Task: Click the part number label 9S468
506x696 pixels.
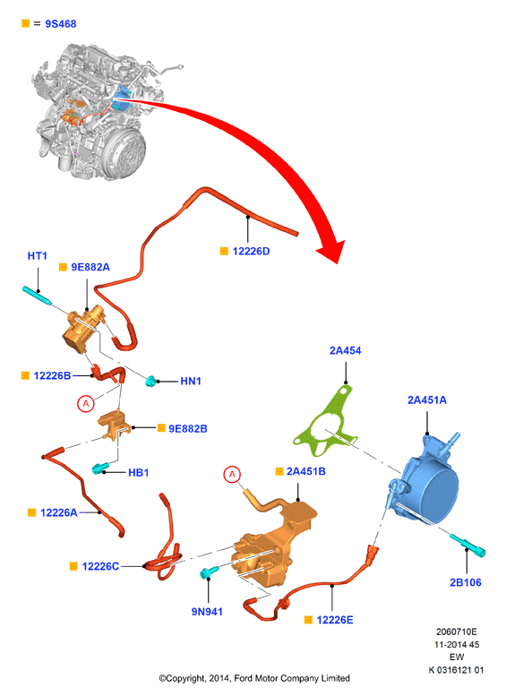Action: [60, 24]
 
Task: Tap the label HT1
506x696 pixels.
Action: [38, 256]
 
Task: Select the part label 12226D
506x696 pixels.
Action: [251, 251]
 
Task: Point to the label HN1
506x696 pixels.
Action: [191, 381]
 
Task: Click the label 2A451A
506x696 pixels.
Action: [427, 400]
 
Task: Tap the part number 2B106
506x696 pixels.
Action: [465, 582]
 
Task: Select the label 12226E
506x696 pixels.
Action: [335, 620]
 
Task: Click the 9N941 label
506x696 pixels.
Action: [207, 612]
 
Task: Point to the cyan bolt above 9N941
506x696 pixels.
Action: [208, 572]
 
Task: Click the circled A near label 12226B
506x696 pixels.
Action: [86, 403]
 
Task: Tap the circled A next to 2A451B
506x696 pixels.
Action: [232, 475]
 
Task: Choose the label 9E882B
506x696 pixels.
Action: [188, 429]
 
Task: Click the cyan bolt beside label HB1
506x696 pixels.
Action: [99, 468]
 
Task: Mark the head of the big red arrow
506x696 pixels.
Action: [331, 251]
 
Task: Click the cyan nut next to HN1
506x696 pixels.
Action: [151, 381]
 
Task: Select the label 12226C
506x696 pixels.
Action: [100, 566]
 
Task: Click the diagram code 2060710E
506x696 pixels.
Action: [456, 632]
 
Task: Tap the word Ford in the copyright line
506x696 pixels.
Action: [244, 678]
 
